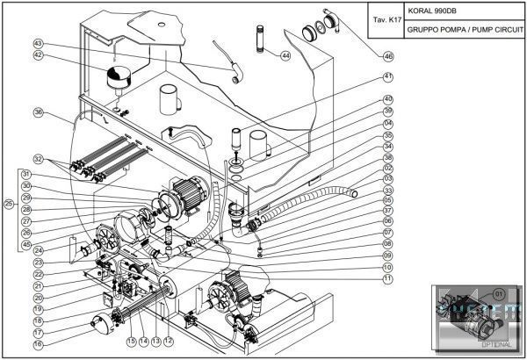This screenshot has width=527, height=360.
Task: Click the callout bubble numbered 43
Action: (38, 43)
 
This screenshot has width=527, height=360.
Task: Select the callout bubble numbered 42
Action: (38, 54)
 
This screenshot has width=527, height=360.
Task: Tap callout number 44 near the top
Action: (285, 55)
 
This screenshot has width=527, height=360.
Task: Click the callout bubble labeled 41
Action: (387, 77)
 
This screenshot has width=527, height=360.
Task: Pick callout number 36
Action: (38, 112)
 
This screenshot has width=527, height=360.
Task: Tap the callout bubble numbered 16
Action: (38, 345)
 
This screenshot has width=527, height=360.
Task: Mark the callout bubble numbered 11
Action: (387, 278)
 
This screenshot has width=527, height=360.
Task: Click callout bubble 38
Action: (387, 157)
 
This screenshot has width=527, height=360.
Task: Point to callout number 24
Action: (38, 250)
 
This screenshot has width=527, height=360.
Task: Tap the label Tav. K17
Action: (387, 18)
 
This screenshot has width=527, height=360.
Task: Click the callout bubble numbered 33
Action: (387, 190)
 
